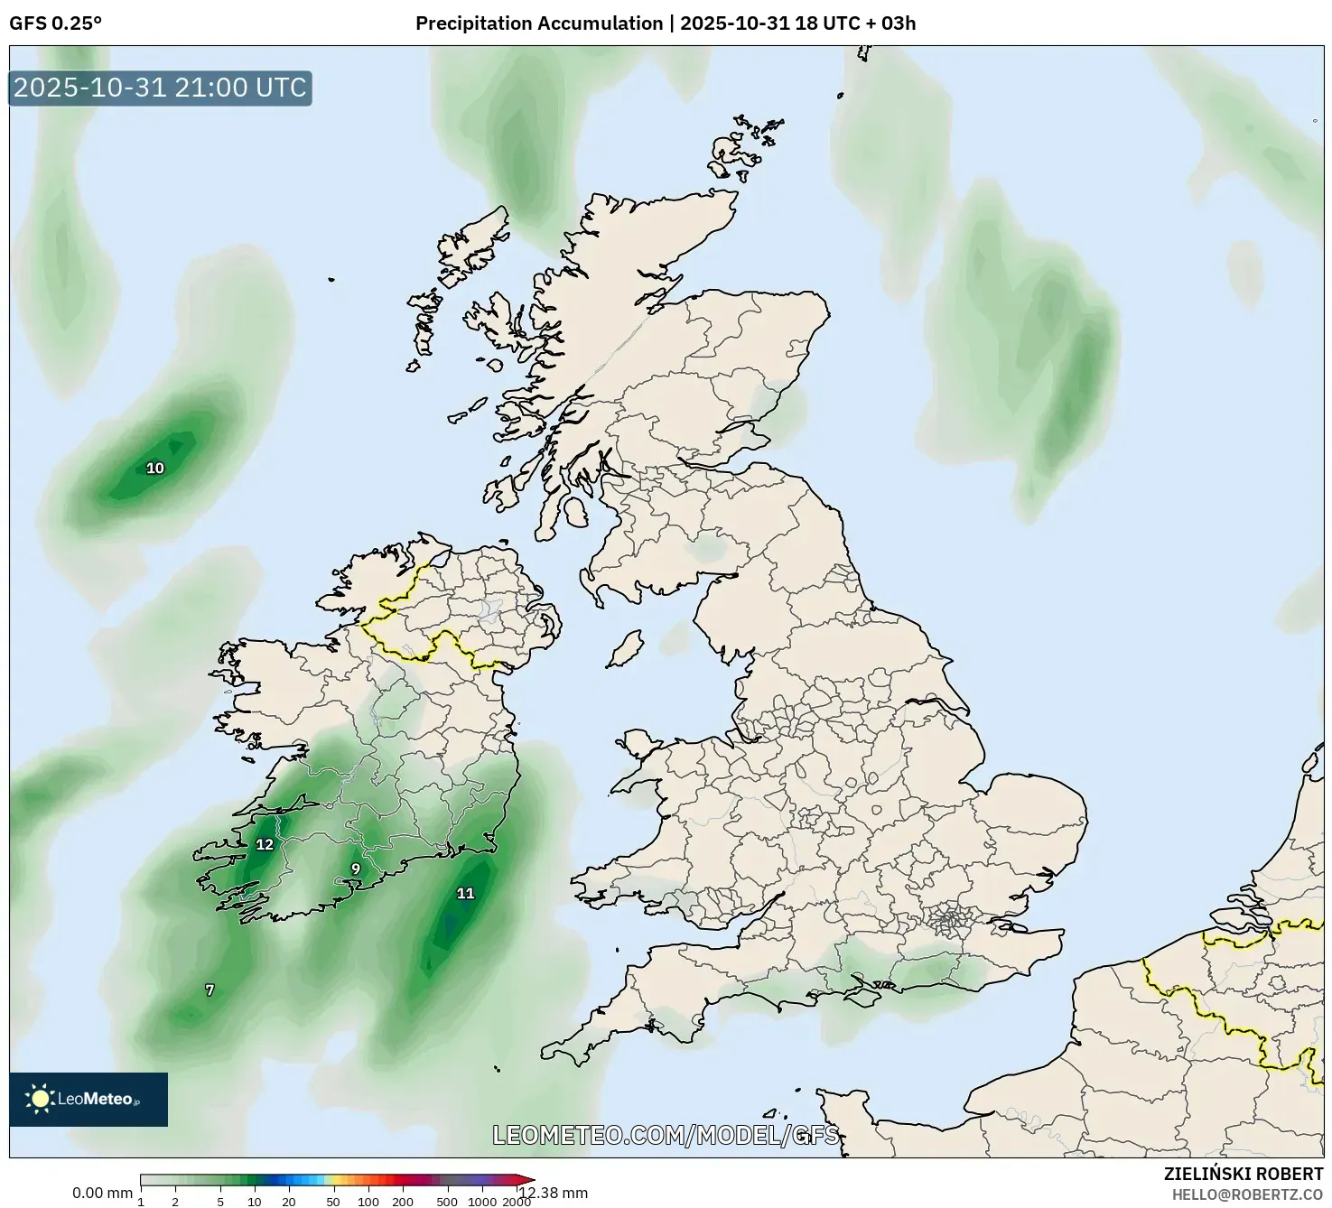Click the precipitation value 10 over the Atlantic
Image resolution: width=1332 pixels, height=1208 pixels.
click(x=155, y=468)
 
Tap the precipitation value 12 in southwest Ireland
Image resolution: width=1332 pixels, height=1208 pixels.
click(x=264, y=845)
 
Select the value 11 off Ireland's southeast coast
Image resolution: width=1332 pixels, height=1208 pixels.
click(x=465, y=894)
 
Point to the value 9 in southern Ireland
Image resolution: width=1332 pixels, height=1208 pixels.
click(x=356, y=869)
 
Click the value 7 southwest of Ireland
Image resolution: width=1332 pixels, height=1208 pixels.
click(x=210, y=990)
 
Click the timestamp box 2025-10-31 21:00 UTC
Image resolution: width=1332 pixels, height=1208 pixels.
click(x=160, y=88)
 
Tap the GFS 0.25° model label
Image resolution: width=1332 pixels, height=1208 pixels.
click(x=55, y=23)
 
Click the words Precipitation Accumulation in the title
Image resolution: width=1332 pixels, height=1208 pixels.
click(x=538, y=23)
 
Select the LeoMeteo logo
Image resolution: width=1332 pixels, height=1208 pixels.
click(x=88, y=1099)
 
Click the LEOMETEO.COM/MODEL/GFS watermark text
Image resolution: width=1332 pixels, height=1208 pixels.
click(x=666, y=1135)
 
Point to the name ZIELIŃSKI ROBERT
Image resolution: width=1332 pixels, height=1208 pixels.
click(x=1244, y=1175)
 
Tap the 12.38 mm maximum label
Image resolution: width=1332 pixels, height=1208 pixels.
click(x=554, y=1194)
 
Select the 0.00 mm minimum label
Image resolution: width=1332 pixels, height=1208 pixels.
click(x=102, y=1194)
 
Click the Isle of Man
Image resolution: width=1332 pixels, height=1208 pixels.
click(x=624, y=648)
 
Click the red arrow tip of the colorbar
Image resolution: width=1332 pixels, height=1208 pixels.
click(x=528, y=1179)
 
